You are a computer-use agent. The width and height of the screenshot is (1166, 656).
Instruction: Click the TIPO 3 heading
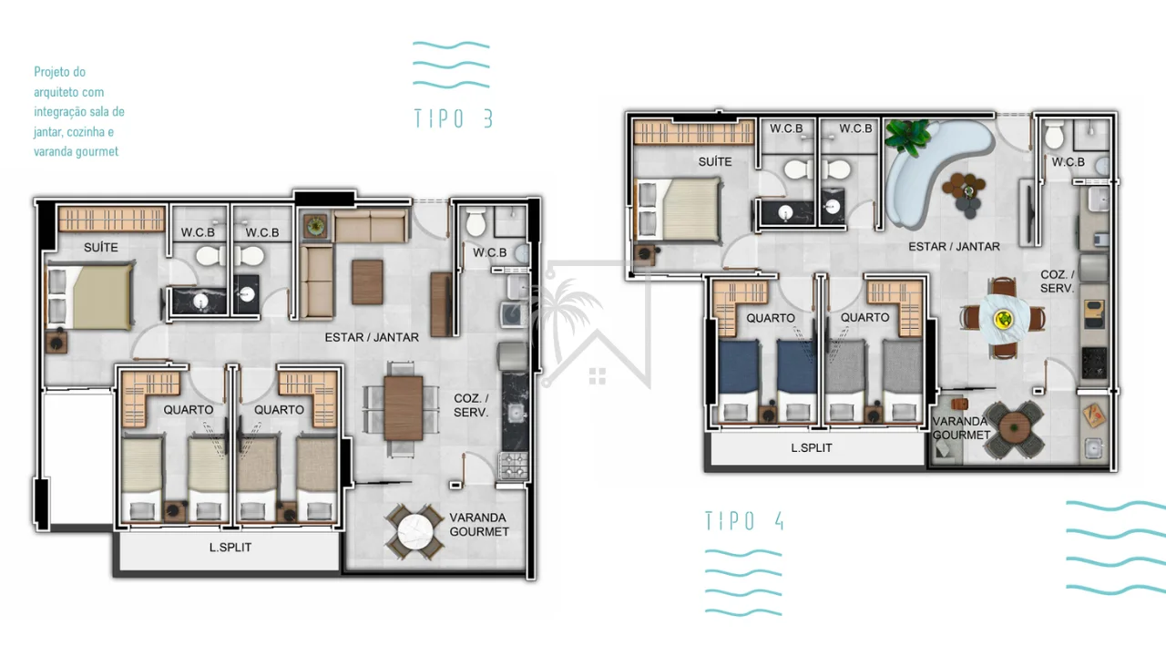point(453,118)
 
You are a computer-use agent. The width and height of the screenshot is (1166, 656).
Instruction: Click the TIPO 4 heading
point(744,520)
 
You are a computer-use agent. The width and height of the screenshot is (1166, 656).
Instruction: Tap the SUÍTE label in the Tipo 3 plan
point(101,247)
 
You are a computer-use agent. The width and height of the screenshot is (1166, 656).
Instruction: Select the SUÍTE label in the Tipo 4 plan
point(715,162)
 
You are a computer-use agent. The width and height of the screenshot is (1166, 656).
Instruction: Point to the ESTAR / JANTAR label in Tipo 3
point(372,337)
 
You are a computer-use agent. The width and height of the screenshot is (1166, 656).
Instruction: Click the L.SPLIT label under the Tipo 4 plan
point(812,447)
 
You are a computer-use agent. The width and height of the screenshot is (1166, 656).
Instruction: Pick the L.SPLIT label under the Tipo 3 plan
point(230,548)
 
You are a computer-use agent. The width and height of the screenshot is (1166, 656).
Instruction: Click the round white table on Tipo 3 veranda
point(414,532)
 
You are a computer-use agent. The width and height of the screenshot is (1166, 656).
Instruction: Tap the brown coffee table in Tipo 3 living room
point(367,282)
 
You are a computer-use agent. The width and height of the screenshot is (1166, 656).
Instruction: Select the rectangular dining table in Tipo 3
point(404,409)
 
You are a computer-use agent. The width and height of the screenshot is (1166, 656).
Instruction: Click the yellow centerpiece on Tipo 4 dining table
point(1003,318)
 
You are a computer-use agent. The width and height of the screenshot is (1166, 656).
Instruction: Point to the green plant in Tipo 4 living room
point(908,137)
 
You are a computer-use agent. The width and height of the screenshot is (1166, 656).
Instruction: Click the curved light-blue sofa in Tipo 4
point(932,167)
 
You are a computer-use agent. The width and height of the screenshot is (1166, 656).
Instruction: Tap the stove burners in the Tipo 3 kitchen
point(513,466)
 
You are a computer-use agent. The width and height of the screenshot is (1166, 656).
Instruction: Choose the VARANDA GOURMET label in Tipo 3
point(479,525)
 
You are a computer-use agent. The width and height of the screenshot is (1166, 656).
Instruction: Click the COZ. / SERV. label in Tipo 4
point(1058,282)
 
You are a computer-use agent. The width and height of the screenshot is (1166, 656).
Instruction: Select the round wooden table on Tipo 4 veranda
point(1015,428)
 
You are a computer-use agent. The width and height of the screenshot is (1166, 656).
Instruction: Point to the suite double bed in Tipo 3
point(91,297)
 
